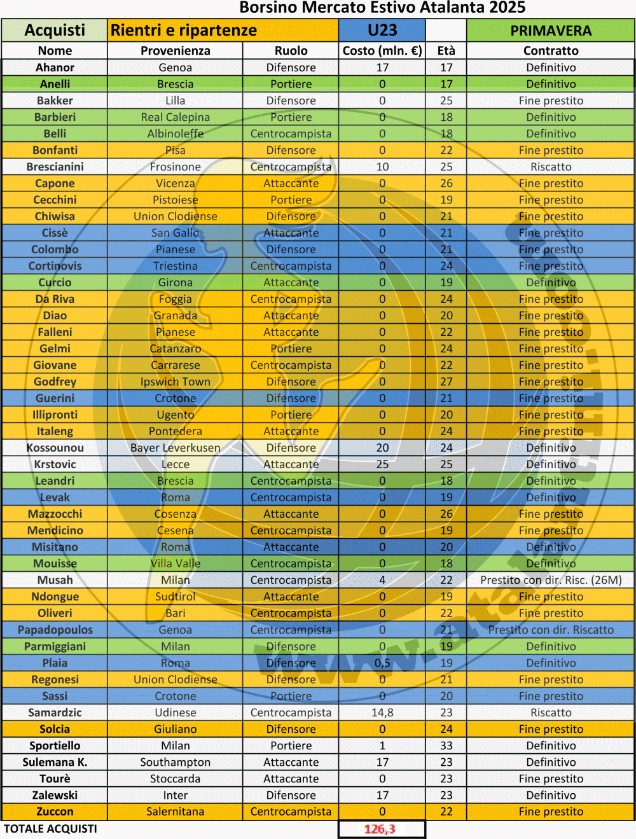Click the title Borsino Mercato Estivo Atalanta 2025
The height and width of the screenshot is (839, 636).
[x=382, y=8]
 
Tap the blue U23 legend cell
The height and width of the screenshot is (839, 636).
[x=382, y=31]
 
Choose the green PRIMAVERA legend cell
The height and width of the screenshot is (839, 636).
[x=551, y=31]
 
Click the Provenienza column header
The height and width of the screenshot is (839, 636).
[x=176, y=51]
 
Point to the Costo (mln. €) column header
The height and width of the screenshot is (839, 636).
[x=382, y=51]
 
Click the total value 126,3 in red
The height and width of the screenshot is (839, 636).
[x=380, y=829]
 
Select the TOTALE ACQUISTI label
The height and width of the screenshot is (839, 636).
[x=51, y=829]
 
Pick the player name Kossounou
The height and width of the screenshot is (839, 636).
[x=55, y=448]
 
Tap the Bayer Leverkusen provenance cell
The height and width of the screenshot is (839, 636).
[x=176, y=448]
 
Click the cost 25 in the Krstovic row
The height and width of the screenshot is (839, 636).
[x=382, y=464]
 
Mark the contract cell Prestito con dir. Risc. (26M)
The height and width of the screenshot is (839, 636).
[x=551, y=580]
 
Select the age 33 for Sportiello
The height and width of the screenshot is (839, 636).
[x=446, y=745]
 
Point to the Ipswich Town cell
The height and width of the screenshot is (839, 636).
[x=176, y=382]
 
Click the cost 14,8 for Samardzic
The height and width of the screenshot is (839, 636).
[x=382, y=712]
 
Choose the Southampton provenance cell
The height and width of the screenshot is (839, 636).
[x=176, y=762]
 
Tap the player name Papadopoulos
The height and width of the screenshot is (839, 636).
[x=55, y=630]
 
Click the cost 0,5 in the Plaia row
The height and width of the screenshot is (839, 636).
[x=382, y=663]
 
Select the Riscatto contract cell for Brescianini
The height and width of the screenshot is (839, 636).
[x=551, y=167]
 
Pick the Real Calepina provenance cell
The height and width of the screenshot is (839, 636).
[x=176, y=117]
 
